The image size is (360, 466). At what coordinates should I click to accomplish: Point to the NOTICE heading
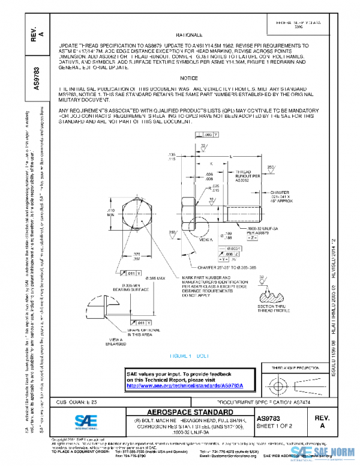click(x=189, y=79)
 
